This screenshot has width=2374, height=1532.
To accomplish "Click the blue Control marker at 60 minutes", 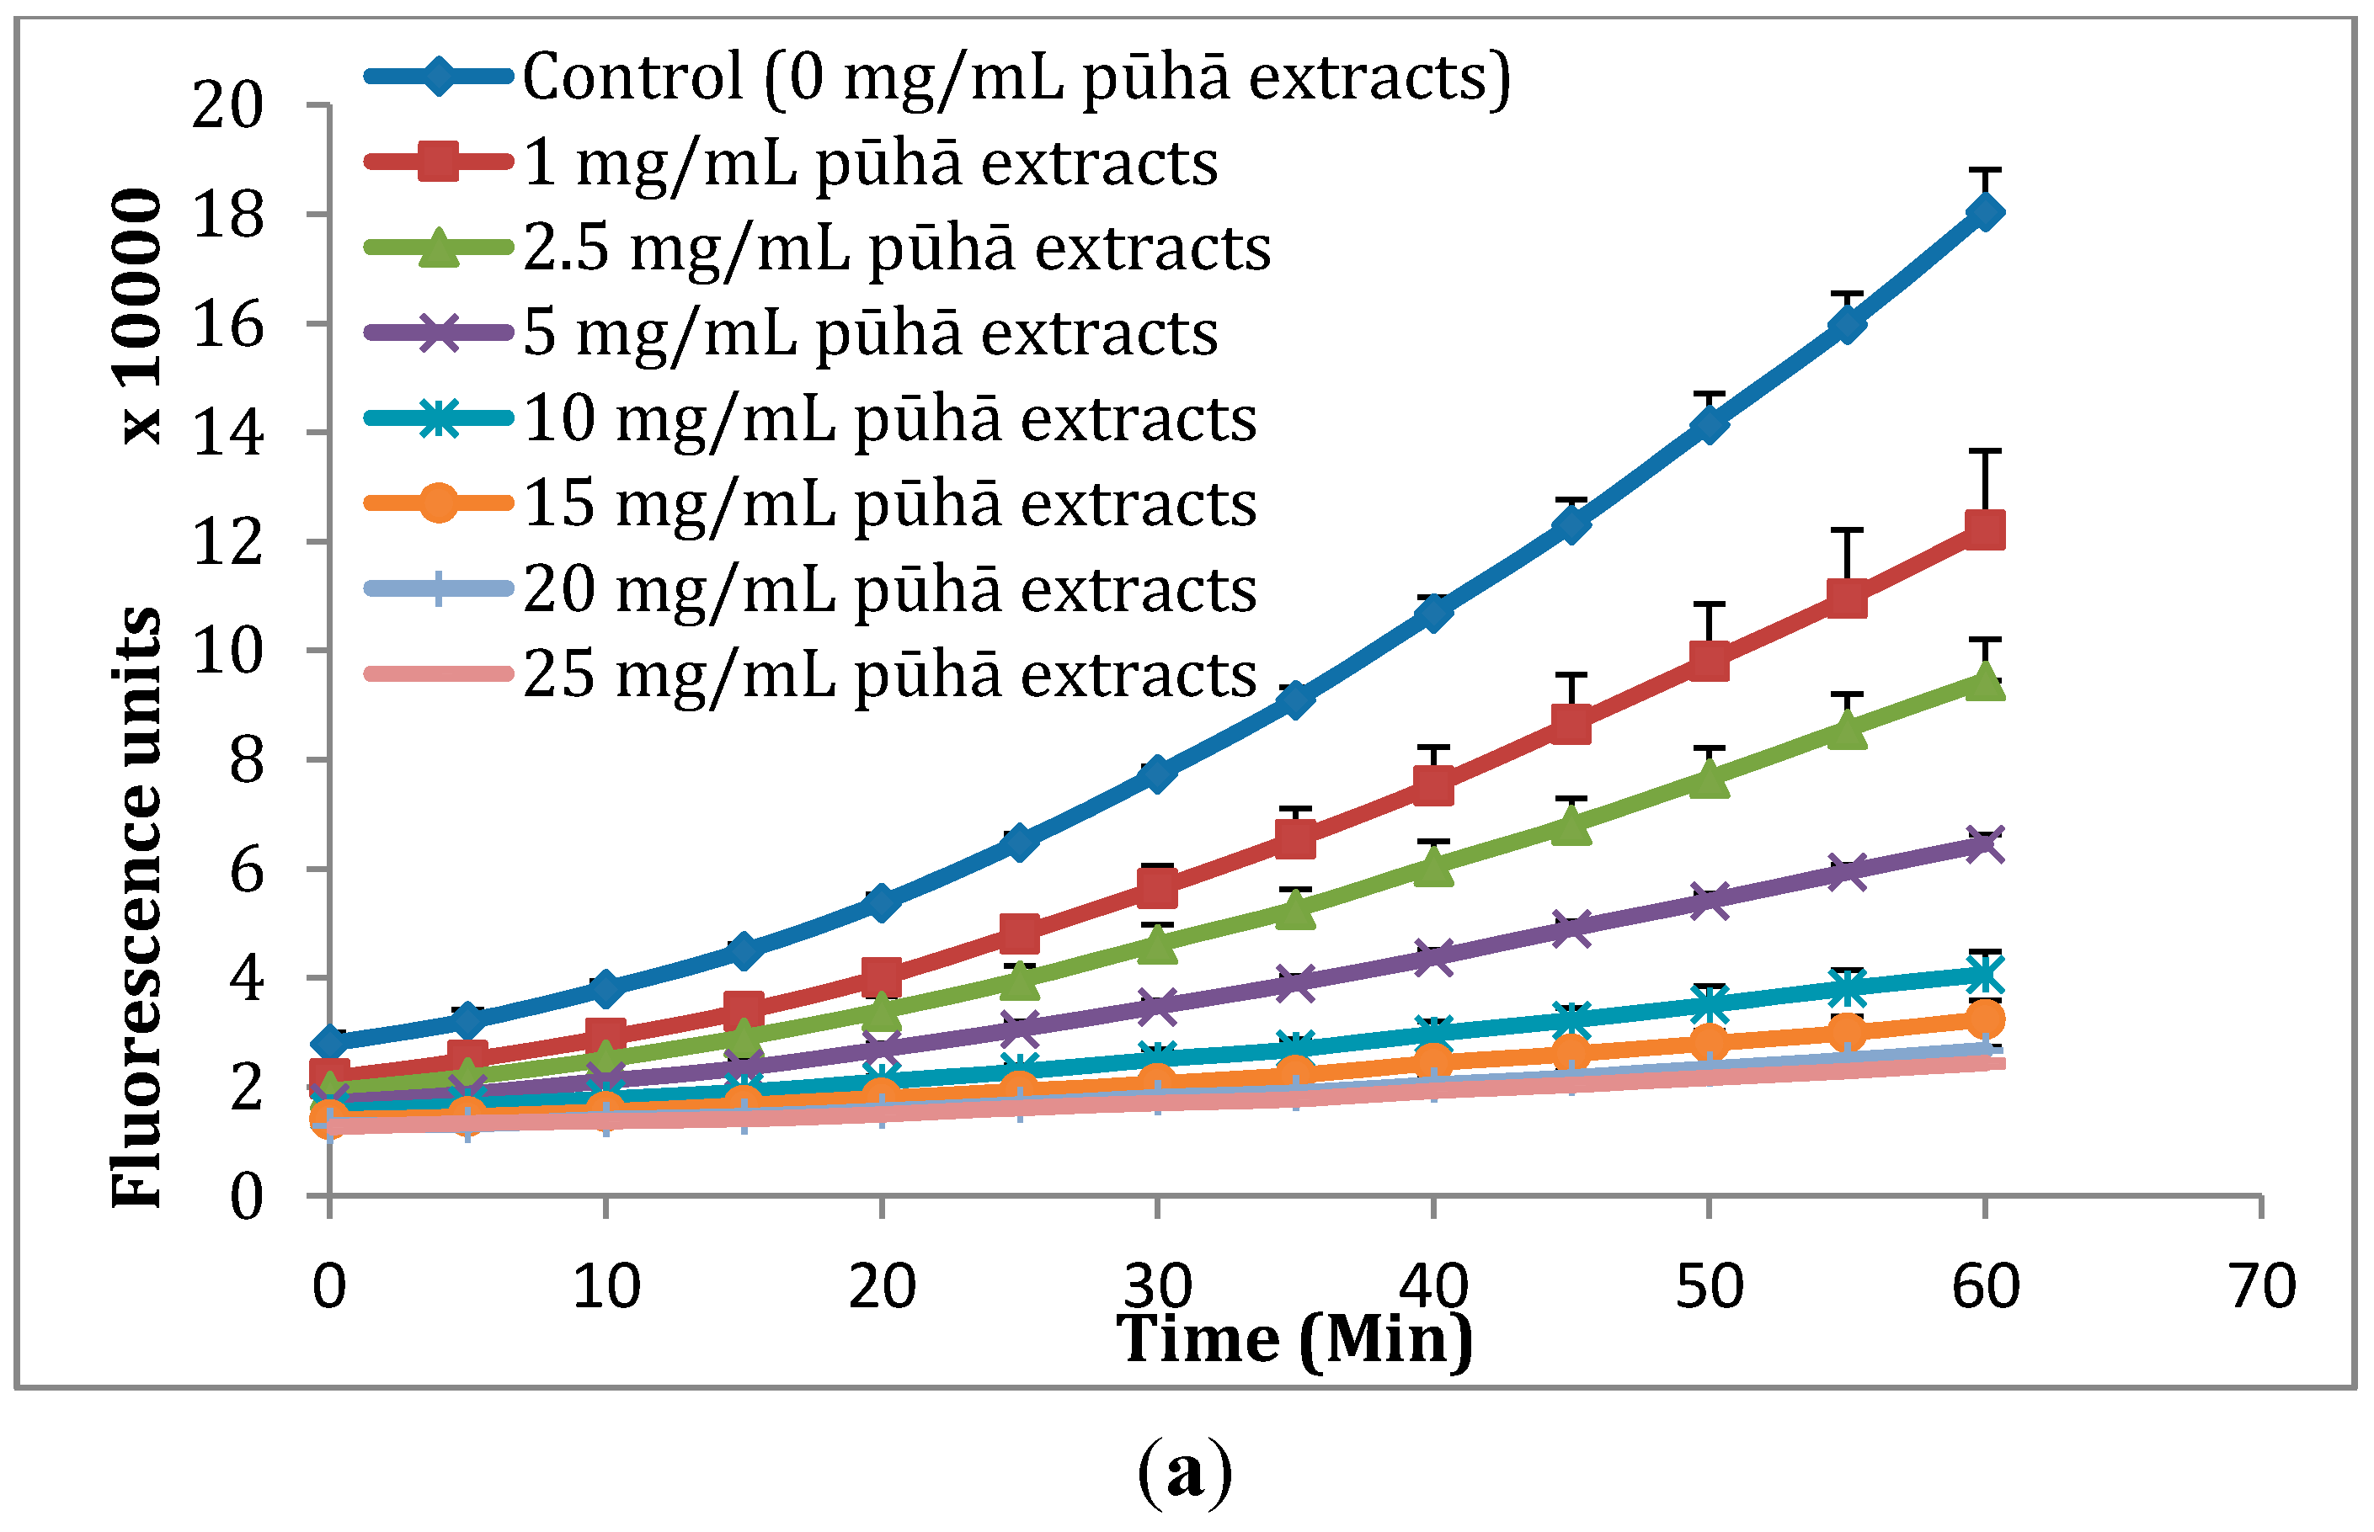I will pos(1984,212).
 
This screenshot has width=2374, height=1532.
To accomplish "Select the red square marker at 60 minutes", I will pos(1984,530).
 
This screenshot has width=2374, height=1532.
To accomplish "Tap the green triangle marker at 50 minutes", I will pos(1709,778).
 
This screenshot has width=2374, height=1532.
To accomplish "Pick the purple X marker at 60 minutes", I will pos(1984,844).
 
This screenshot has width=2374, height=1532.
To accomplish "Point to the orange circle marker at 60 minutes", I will pos(1984,1019).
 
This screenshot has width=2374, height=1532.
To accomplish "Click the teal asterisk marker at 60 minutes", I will pos(1984,975).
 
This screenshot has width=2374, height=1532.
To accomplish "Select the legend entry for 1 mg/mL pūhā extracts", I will pos(870,162).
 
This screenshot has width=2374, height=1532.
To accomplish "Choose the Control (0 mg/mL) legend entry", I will pos(1015,77).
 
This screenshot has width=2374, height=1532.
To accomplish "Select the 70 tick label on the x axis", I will pos(2261,1286).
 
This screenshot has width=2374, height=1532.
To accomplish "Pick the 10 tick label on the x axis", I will pos(606,1286).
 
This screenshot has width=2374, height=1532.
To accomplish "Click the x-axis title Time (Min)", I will pos(1294,1340).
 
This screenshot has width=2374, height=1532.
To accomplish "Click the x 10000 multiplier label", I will pos(136,316).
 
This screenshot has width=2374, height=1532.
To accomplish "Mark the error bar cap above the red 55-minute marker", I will pos(1847,530).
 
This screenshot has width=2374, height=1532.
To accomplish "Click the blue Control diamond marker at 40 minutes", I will pos(1432,613).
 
